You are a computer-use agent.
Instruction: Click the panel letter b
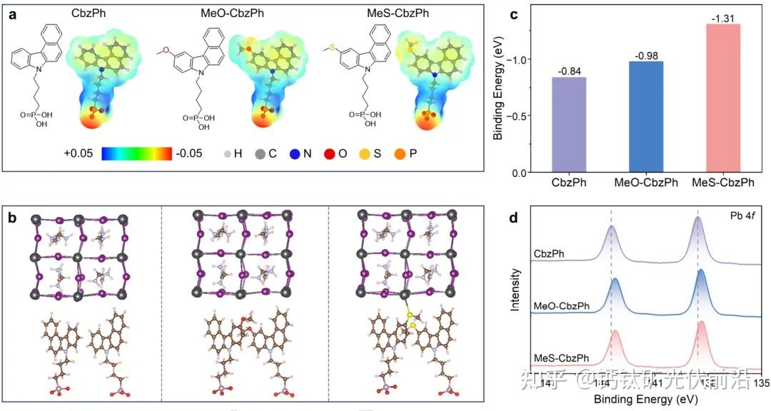click(x=12, y=215)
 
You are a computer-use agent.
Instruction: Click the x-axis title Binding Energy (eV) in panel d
click(x=645, y=397)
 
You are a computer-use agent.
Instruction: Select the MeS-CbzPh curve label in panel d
click(x=561, y=357)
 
